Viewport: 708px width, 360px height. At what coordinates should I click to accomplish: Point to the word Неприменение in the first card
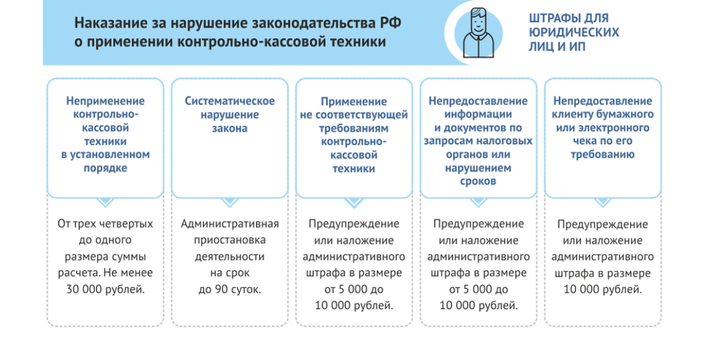coord(105,101)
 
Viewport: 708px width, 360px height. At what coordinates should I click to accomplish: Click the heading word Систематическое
coord(230,101)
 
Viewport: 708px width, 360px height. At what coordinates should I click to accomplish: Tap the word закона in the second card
coord(230,128)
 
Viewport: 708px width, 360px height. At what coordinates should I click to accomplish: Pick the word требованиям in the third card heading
coord(354,128)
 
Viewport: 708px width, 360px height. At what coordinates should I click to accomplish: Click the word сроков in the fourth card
coord(478,181)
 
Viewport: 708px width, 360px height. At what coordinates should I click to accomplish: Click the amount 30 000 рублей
coord(106,289)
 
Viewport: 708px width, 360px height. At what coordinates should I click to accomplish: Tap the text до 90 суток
coord(230,289)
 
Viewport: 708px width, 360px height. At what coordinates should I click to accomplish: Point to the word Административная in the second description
coord(230,224)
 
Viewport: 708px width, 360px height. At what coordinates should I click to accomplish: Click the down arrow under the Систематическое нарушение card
coord(230,202)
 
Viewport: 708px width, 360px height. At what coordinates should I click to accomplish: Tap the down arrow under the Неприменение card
coord(105,202)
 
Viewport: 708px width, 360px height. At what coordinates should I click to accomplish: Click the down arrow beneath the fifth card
coord(603,202)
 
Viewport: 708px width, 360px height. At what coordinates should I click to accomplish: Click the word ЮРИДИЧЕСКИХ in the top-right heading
coord(574,32)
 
